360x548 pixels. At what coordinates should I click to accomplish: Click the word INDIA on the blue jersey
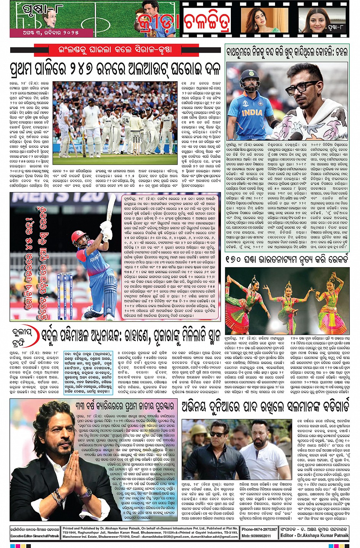coord(252,112)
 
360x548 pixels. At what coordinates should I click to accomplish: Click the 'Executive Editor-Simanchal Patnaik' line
coord(35,536)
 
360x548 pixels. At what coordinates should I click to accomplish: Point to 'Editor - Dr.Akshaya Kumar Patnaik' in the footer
coord(314,535)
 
